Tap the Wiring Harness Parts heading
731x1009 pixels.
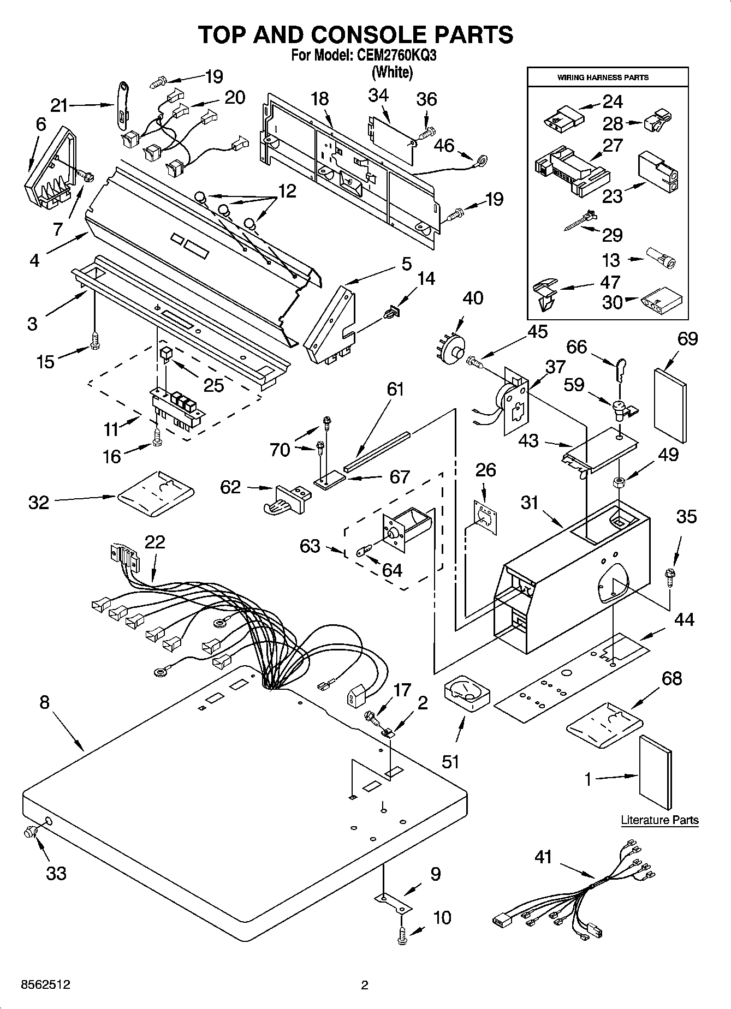[603, 77]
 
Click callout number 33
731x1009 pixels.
[56, 873]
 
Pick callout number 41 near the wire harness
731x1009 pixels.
[543, 857]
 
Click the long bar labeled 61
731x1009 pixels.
[377, 452]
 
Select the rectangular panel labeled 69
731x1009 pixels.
[670, 405]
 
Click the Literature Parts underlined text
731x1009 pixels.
[659, 820]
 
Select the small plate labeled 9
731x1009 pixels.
[392, 902]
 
